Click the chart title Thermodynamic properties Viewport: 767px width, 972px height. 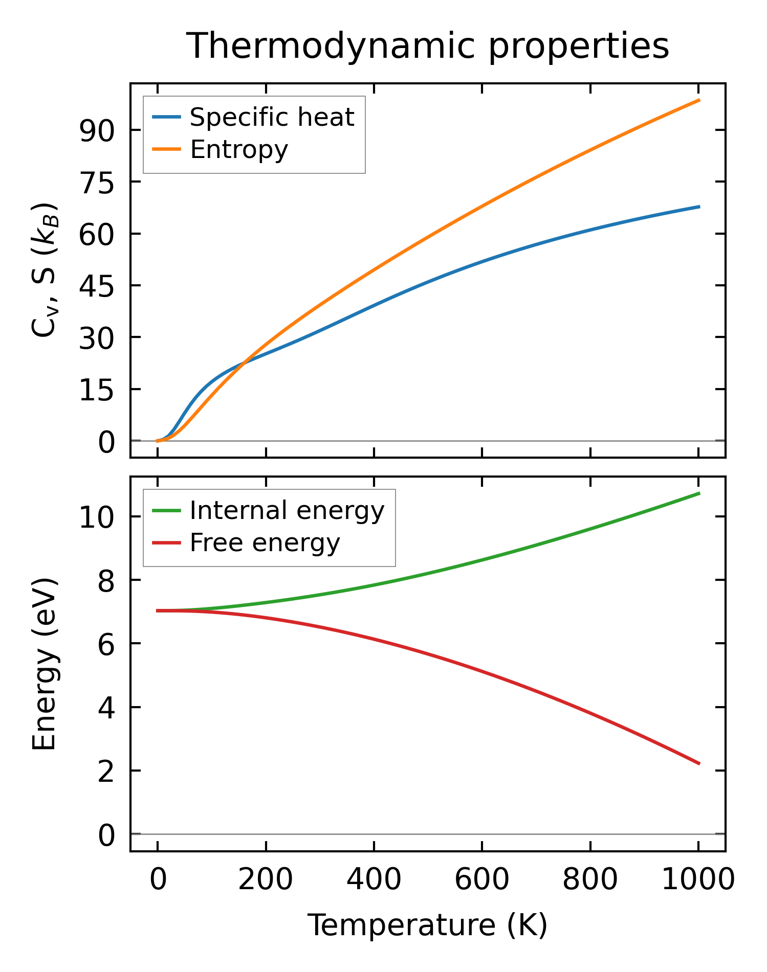coord(427,46)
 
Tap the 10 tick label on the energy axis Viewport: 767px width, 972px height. coord(97,517)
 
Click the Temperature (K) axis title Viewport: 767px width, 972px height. coord(427,925)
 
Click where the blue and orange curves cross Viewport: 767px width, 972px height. coord(245,362)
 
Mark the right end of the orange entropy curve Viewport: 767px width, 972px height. coord(699,100)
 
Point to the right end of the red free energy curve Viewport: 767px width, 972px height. coord(699,764)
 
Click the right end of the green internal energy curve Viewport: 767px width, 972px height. coord(699,493)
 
